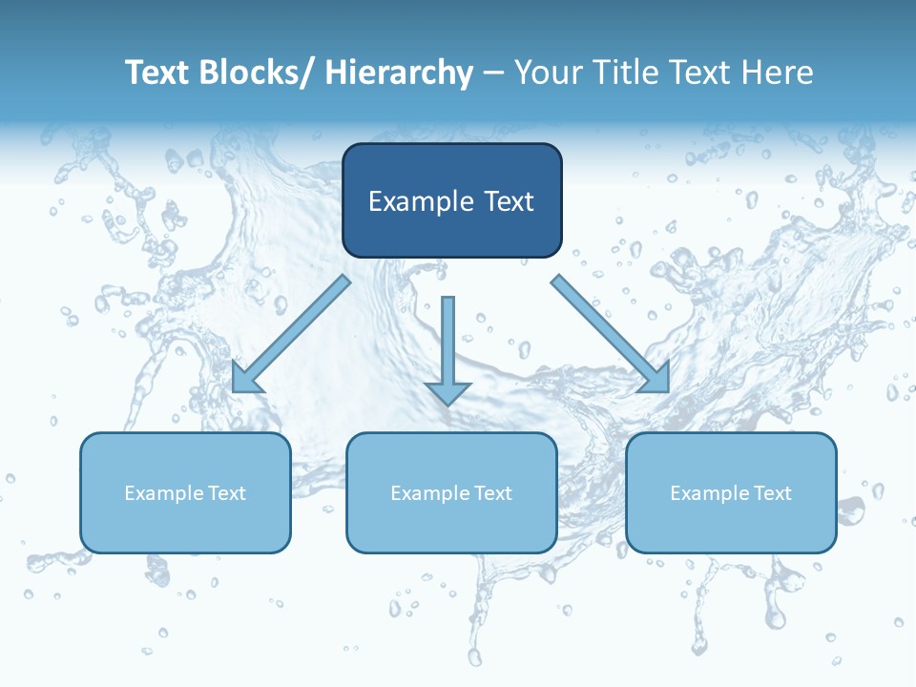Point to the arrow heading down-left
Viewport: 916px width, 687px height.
pos(291,333)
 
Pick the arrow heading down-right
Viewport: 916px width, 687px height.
pos(611,333)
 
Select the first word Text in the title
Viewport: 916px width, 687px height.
pos(158,73)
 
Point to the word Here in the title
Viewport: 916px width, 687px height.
pos(781,73)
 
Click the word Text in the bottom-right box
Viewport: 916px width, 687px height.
pos(774,493)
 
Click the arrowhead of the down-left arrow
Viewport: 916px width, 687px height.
pos(244,380)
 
